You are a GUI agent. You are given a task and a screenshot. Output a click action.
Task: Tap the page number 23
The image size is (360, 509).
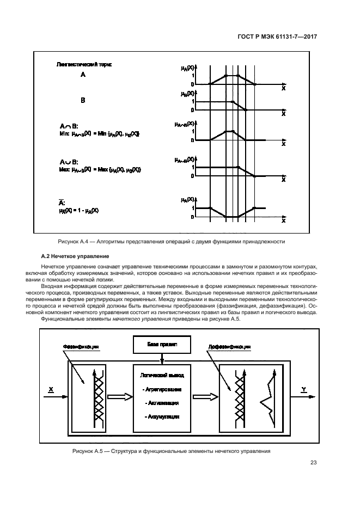[x=313, y=463]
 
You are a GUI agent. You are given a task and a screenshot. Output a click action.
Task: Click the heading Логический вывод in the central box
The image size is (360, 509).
[x=162, y=376]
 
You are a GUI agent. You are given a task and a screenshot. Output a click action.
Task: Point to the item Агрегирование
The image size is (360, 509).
[x=162, y=390]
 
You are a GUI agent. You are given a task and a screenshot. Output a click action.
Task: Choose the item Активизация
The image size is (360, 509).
[x=162, y=403]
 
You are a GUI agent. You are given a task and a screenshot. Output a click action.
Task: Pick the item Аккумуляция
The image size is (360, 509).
[x=162, y=416]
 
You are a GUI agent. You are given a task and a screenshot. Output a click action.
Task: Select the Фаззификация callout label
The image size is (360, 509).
[x=72, y=346]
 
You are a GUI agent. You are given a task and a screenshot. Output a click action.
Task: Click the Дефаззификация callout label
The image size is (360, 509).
[x=230, y=346]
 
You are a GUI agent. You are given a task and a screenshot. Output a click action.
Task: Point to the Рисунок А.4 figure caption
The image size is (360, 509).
[x=180, y=241]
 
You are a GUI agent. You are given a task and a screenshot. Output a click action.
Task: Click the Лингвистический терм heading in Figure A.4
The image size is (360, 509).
[x=84, y=64]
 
